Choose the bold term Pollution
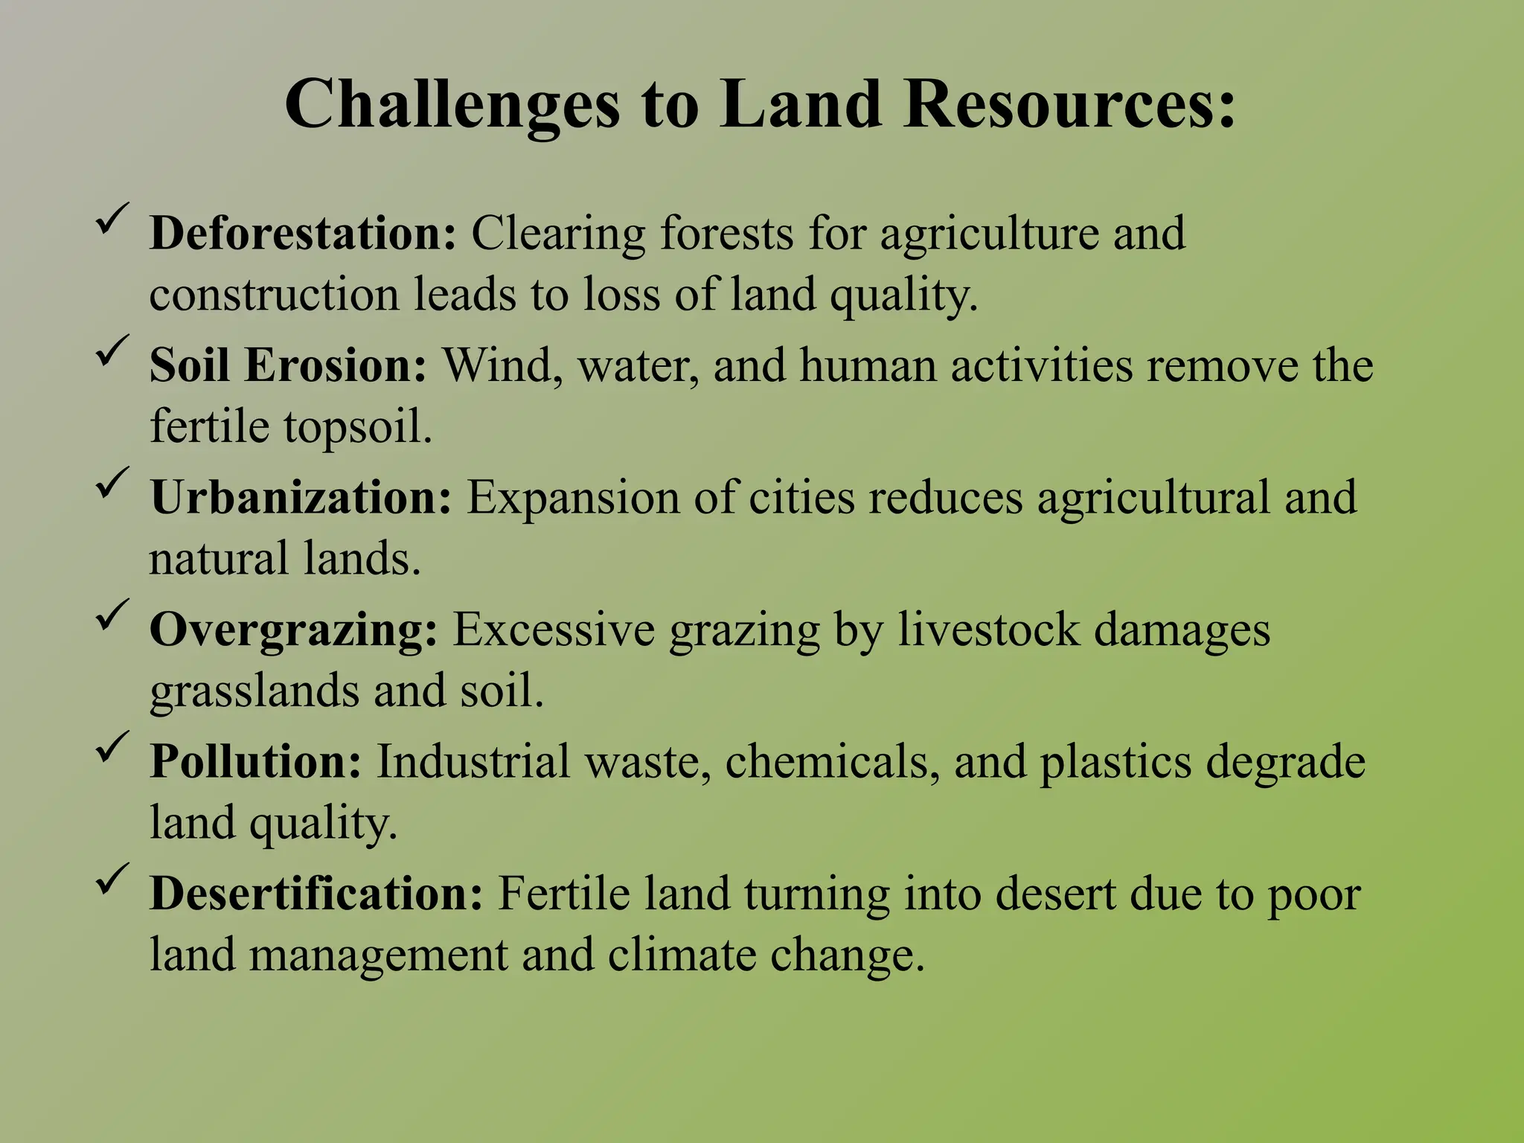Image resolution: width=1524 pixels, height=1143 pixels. (x=256, y=762)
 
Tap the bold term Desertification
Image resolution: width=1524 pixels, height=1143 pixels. (x=317, y=894)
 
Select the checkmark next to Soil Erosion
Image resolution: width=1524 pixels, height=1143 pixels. (x=113, y=351)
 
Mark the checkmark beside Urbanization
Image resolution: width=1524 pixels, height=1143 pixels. (x=113, y=484)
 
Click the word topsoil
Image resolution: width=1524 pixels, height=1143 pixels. (x=358, y=428)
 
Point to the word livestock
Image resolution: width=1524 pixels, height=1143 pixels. (x=989, y=630)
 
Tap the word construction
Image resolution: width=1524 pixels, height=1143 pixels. (x=274, y=295)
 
